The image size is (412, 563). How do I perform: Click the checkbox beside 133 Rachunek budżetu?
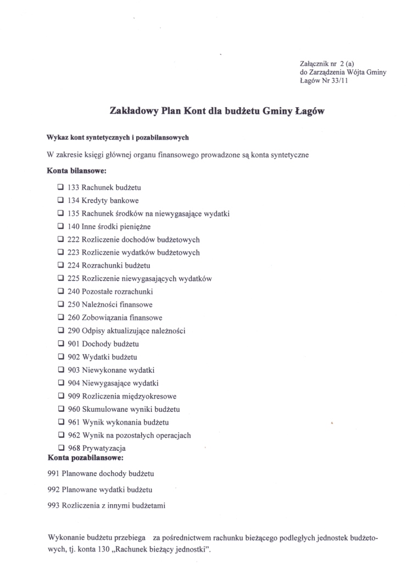(60, 187)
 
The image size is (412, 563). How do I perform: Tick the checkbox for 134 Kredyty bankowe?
(60, 201)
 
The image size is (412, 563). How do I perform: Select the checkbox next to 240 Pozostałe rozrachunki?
(60, 291)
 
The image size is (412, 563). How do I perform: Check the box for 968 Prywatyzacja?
(60, 448)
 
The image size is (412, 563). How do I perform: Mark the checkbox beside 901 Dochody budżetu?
(60, 344)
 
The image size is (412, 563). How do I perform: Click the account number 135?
(74, 213)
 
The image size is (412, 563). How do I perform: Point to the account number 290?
(74, 331)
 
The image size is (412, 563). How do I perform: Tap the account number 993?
(54, 505)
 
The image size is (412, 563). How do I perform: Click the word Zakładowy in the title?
(131, 111)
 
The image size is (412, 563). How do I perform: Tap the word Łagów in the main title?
(310, 111)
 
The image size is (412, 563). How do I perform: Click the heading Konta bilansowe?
(76, 171)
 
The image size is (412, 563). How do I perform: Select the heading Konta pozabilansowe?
(85, 457)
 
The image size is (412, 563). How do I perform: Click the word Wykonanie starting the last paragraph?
(68, 536)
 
